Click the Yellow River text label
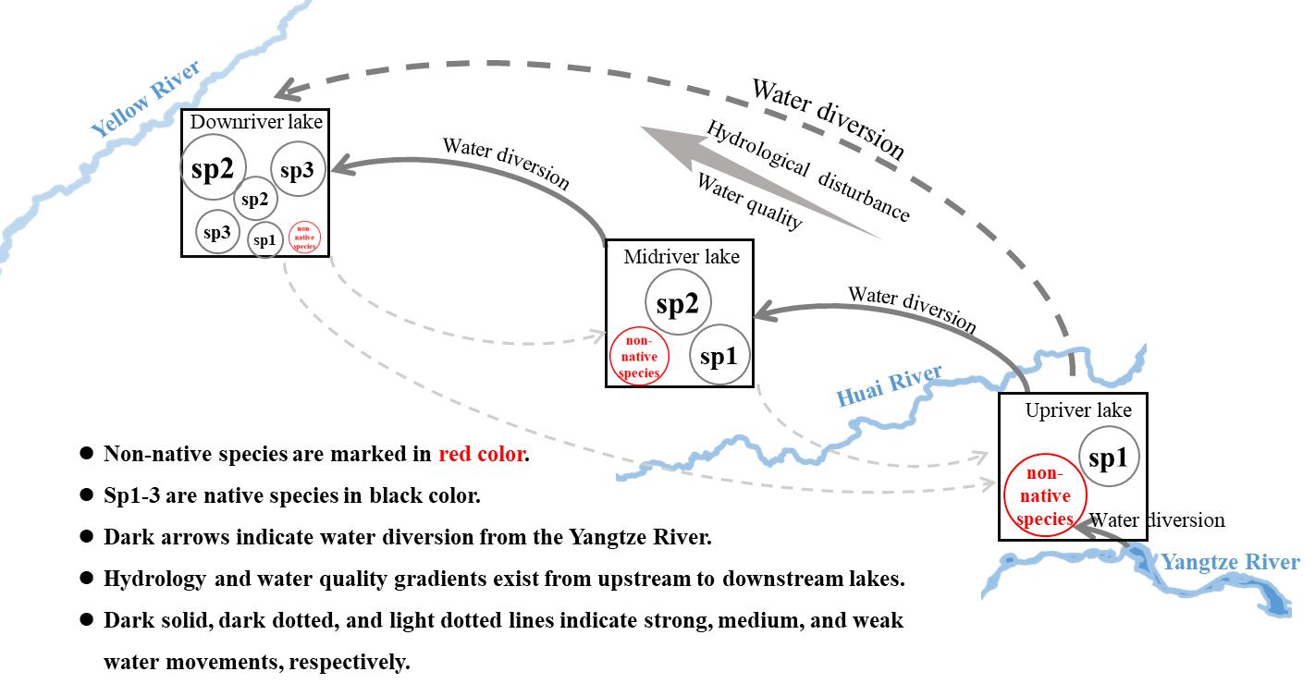[x=147, y=99]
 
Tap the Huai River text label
[x=889, y=385]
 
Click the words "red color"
[x=482, y=455]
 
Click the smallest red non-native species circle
[x=304, y=237]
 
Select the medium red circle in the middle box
[x=639, y=357]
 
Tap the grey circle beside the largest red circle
[x=1109, y=456]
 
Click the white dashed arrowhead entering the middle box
[x=597, y=336]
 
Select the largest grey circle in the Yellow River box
[x=214, y=166]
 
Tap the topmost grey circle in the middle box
[x=678, y=301]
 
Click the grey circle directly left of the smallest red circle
[x=265, y=239]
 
